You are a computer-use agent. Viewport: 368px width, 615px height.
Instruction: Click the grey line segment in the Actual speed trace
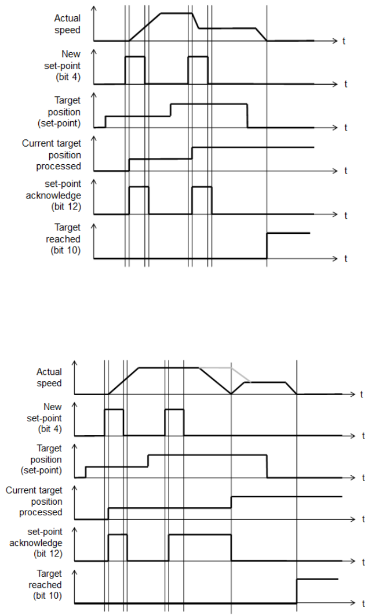pyautogui.click(x=216, y=368)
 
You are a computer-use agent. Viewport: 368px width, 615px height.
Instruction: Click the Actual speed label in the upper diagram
pyautogui.click(x=67, y=23)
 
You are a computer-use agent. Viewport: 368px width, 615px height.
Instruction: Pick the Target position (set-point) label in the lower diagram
pyautogui.click(x=49, y=459)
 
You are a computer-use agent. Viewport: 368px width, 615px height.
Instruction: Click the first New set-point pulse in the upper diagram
pyautogui.click(x=135, y=57)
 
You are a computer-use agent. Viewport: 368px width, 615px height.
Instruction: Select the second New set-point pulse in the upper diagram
pyautogui.click(x=198, y=57)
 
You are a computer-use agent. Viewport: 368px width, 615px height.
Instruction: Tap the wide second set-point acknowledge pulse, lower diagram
pyautogui.click(x=199, y=535)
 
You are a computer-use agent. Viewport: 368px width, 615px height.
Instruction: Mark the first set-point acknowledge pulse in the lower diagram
pyautogui.click(x=118, y=535)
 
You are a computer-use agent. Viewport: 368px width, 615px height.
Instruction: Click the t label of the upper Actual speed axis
pyautogui.click(x=345, y=41)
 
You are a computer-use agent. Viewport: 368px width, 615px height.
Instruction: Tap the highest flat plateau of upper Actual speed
pyautogui.click(x=176, y=13)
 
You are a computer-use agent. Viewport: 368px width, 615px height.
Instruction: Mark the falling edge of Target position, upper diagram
pyautogui.click(x=247, y=115)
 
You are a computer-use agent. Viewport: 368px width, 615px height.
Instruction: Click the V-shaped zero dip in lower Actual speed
pyautogui.click(x=231, y=393)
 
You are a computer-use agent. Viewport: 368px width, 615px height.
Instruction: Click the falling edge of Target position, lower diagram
pyautogui.click(x=267, y=466)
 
